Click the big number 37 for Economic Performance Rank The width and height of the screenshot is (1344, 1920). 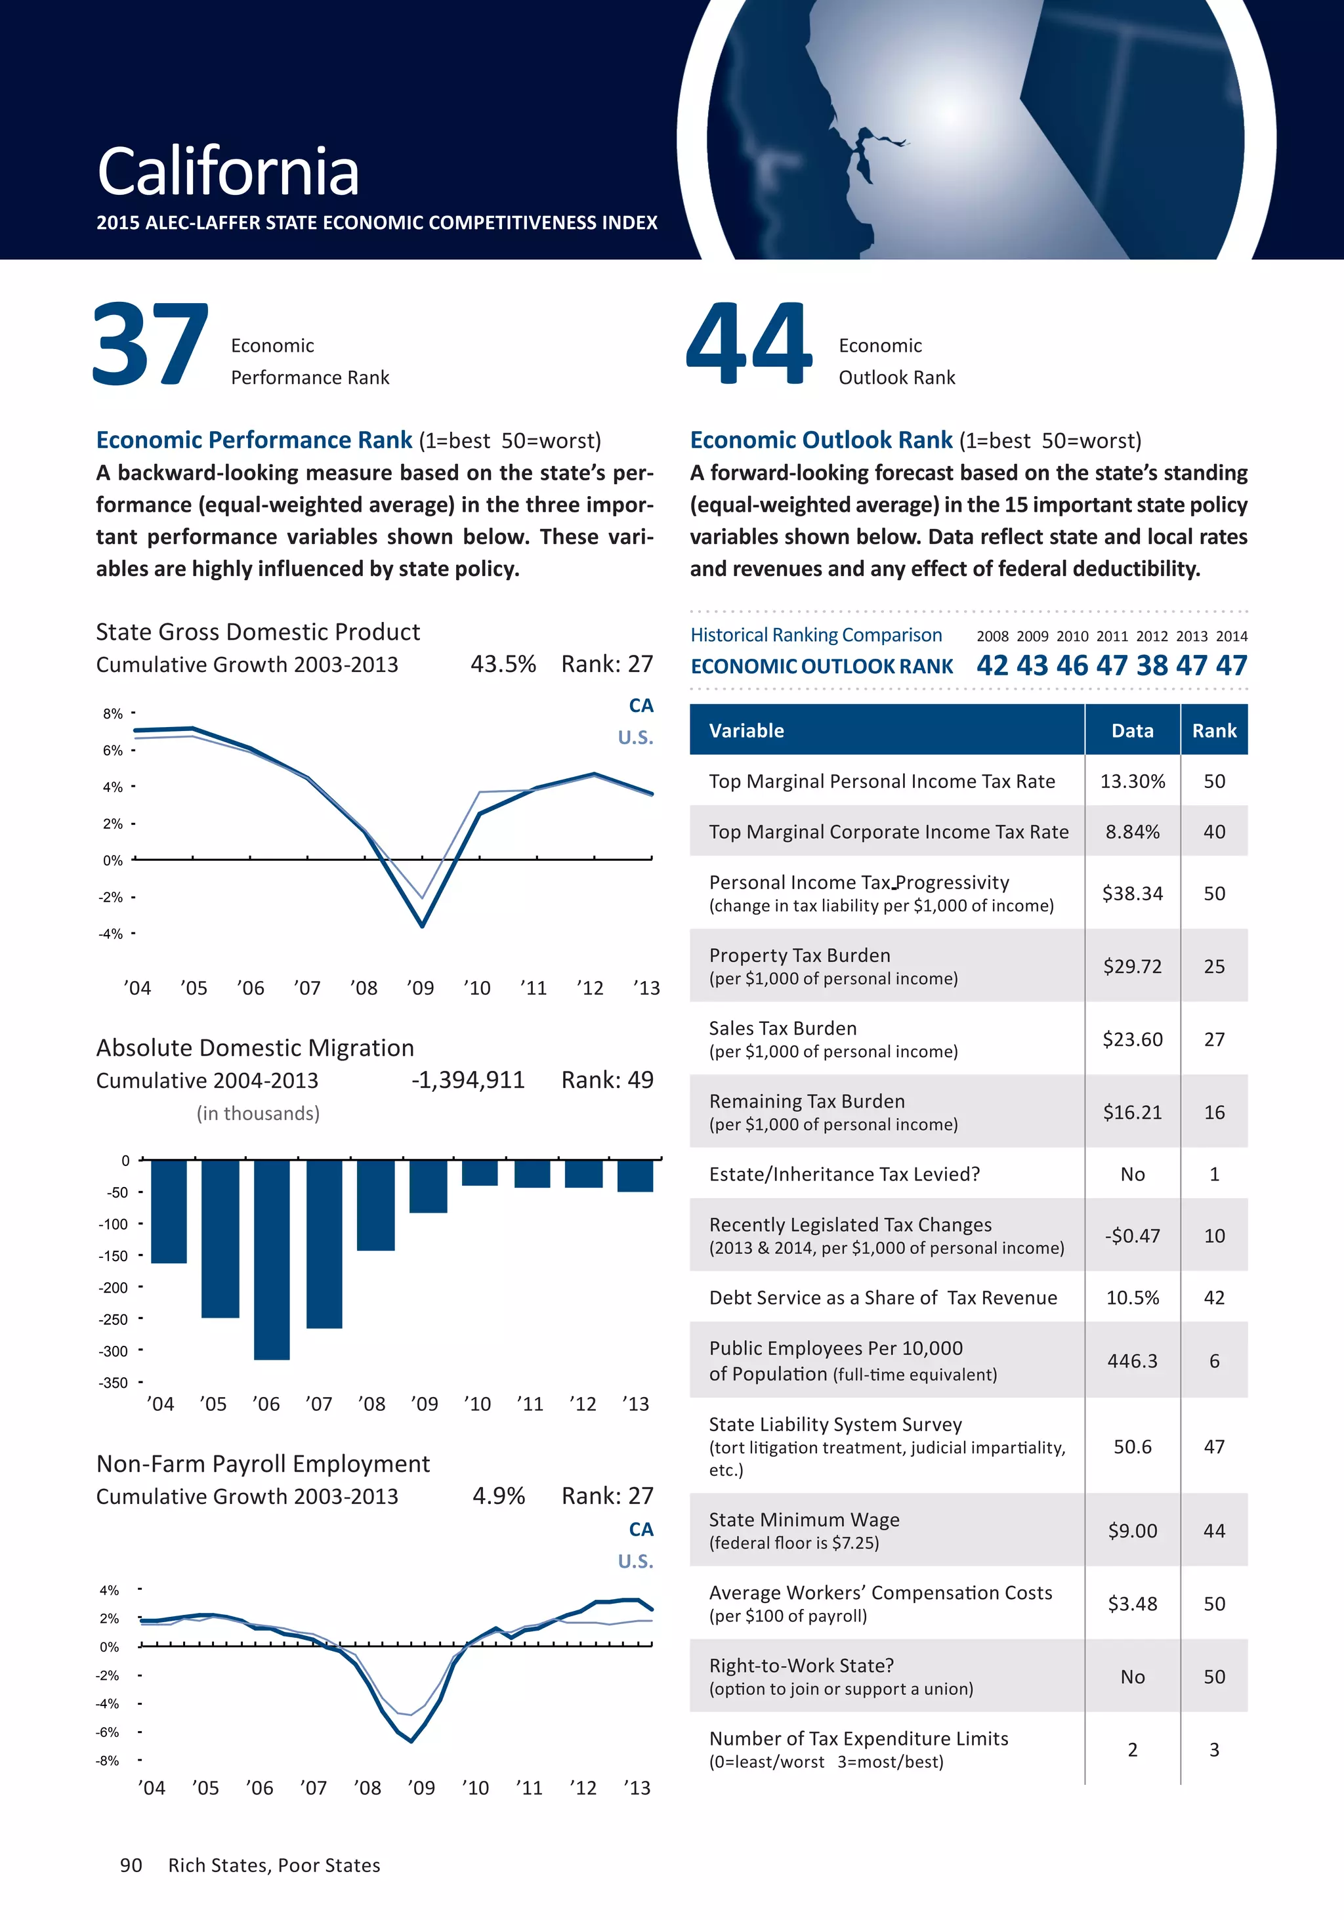[x=150, y=344]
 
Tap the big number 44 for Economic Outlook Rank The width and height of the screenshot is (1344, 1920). [x=749, y=344]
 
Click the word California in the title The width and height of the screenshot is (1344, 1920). [x=228, y=171]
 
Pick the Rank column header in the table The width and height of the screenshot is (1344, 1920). [x=1213, y=731]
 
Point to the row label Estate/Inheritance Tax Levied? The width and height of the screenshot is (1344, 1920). [x=844, y=1174]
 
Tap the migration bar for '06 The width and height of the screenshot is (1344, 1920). [x=272, y=1259]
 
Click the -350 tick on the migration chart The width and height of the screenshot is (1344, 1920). [x=113, y=1383]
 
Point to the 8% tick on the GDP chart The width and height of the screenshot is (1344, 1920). [x=113, y=713]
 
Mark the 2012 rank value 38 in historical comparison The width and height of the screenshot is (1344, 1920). [x=1152, y=665]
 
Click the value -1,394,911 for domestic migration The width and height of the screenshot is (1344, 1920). [x=467, y=1081]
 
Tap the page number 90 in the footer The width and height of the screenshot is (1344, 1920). [x=131, y=1865]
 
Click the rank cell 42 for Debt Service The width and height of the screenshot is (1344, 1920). [x=1213, y=1297]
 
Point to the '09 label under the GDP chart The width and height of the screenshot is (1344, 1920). [x=420, y=988]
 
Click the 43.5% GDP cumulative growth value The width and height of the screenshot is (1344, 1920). [x=503, y=664]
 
